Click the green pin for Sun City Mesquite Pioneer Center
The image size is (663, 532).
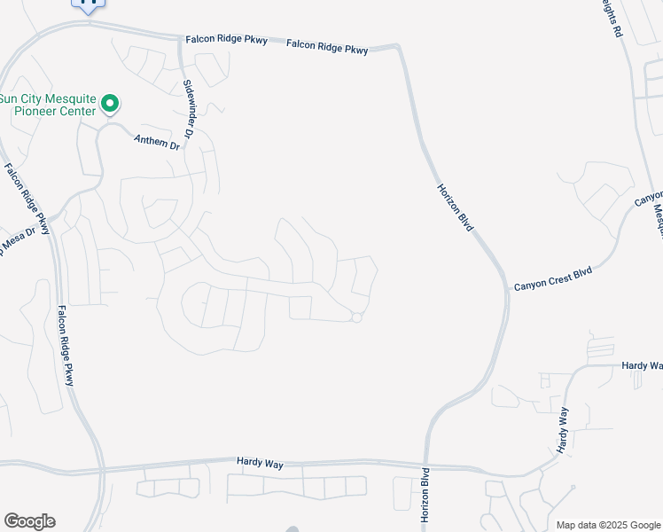(x=110, y=105)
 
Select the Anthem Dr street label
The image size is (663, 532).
(x=156, y=140)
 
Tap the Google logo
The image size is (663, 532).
(x=29, y=521)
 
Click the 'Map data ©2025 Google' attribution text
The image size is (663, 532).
(x=608, y=525)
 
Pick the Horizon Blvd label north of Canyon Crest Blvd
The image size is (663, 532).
(x=456, y=208)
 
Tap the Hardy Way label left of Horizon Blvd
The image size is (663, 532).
(x=258, y=462)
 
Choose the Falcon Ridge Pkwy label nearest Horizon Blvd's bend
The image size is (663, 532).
(x=327, y=50)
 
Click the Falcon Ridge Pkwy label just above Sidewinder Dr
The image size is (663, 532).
(x=226, y=39)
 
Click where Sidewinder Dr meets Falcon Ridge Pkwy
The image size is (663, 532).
(x=180, y=40)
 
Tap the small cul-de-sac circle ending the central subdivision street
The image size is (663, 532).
(x=356, y=317)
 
